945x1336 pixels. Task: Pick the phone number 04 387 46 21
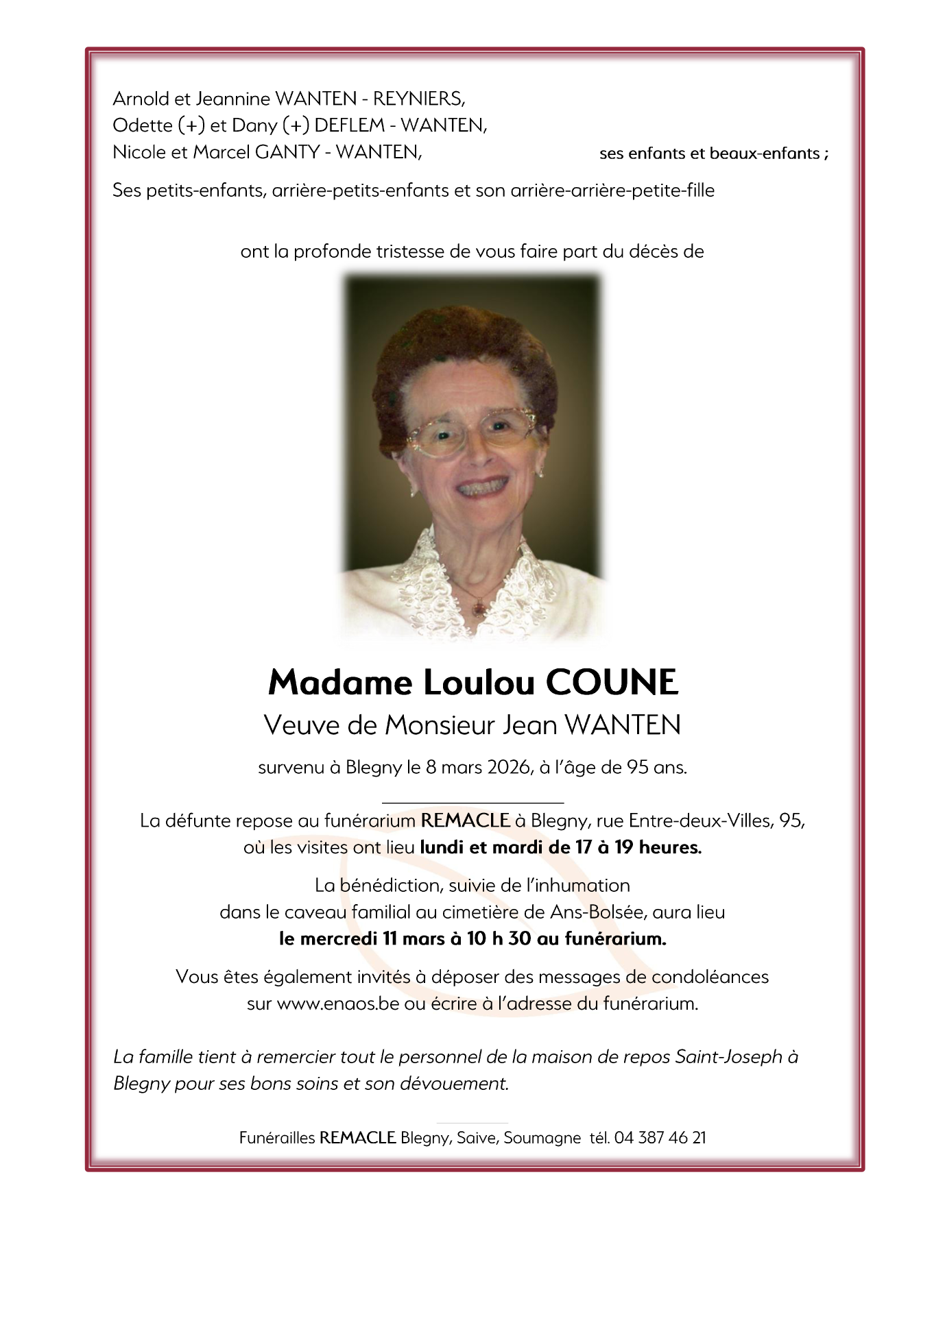pos(660,1138)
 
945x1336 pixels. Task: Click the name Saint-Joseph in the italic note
pos(728,1057)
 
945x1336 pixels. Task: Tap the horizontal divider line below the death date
pos(472,801)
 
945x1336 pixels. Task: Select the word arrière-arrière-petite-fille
pos(612,191)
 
